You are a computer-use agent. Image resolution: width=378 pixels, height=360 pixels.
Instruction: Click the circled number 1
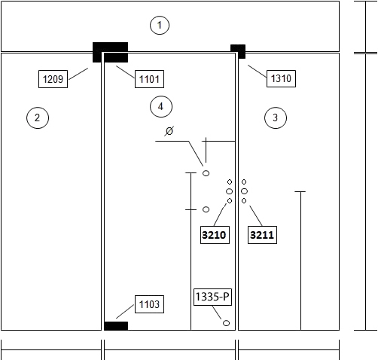160,25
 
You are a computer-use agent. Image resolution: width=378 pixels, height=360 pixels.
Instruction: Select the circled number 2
38,117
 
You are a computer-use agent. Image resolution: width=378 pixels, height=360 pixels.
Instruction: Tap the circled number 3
276,117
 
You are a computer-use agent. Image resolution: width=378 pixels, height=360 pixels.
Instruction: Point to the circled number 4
161,106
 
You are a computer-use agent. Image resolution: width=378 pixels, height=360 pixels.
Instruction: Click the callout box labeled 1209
53,79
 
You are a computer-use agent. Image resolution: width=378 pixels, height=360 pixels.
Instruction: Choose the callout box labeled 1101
149,79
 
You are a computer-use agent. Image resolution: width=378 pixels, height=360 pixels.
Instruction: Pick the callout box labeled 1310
281,78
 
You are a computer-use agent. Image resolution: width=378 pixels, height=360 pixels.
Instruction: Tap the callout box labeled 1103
149,304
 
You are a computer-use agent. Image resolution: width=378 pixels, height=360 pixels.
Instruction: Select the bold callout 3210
215,235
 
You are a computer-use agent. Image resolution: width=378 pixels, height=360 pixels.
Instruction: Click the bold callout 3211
262,235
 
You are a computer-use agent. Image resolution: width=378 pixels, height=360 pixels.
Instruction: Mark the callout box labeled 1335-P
212,297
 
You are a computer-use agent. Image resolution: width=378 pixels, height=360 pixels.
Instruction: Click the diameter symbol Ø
169,131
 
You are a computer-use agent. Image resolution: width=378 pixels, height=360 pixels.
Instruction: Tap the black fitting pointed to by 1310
238,51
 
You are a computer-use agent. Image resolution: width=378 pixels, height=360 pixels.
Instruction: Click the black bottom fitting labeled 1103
116,326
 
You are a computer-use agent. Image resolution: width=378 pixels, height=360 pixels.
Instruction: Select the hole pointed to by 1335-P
226,323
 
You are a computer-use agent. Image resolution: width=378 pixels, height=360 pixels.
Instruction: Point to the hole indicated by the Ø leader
206,173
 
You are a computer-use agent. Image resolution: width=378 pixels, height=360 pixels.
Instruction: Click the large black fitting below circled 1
110,52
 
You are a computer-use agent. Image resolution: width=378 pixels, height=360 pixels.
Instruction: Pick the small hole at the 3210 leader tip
230,201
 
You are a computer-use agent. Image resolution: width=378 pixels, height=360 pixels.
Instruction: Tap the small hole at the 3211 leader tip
244,201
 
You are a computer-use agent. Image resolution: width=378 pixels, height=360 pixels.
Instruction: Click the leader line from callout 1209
78,74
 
